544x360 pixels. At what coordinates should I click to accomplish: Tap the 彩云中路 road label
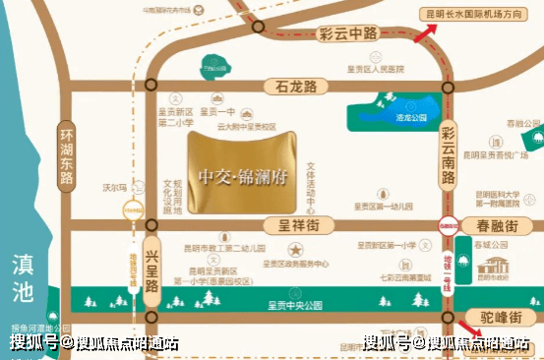(348, 32)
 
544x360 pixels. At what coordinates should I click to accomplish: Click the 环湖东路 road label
(67, 155)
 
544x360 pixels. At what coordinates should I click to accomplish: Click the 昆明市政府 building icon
(498, 264)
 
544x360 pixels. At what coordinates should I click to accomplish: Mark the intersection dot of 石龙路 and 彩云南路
(448, 87)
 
